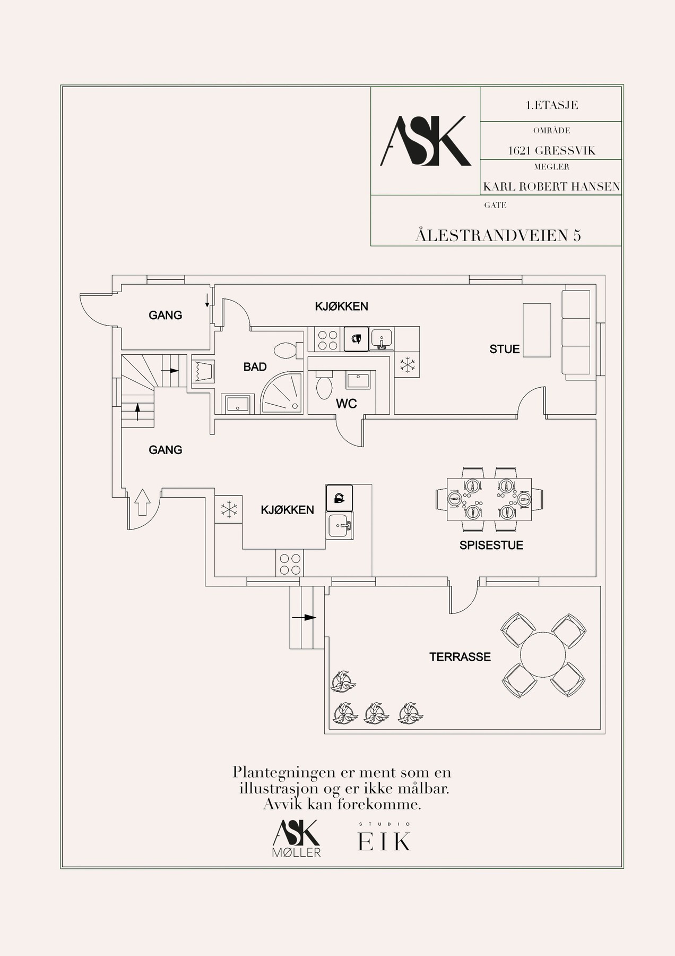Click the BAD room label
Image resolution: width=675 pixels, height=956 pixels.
pyautogui.click(x=255, y=367)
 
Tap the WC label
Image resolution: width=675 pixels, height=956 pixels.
pyautogui.click(x=347, y=404)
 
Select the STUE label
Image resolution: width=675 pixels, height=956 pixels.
pyautogui.click(x=505, y=349)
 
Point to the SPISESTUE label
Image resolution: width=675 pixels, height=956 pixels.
pyautogui.click(x=491, y=545)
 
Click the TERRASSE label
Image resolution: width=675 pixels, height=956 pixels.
pyautogui.click(x=460, y=657)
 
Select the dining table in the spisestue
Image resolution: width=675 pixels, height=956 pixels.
pyautogui.click(x=489, y=499)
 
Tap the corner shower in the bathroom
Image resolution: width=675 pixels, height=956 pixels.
pyautogui.click(x=282, y=393)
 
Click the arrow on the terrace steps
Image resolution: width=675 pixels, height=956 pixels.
pyautogui.click(x=304, y=618)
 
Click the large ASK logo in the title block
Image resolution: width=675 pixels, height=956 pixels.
pyautogui.click(x=426, y=141)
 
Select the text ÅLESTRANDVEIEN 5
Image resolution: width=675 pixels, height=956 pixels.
pyautogui.click(x=498, y=235)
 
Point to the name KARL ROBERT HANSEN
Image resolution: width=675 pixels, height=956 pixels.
pyautogui.click(x=551, y=186)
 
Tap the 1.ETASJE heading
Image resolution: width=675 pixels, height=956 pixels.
pyautogui.click(x=551, y=105)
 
